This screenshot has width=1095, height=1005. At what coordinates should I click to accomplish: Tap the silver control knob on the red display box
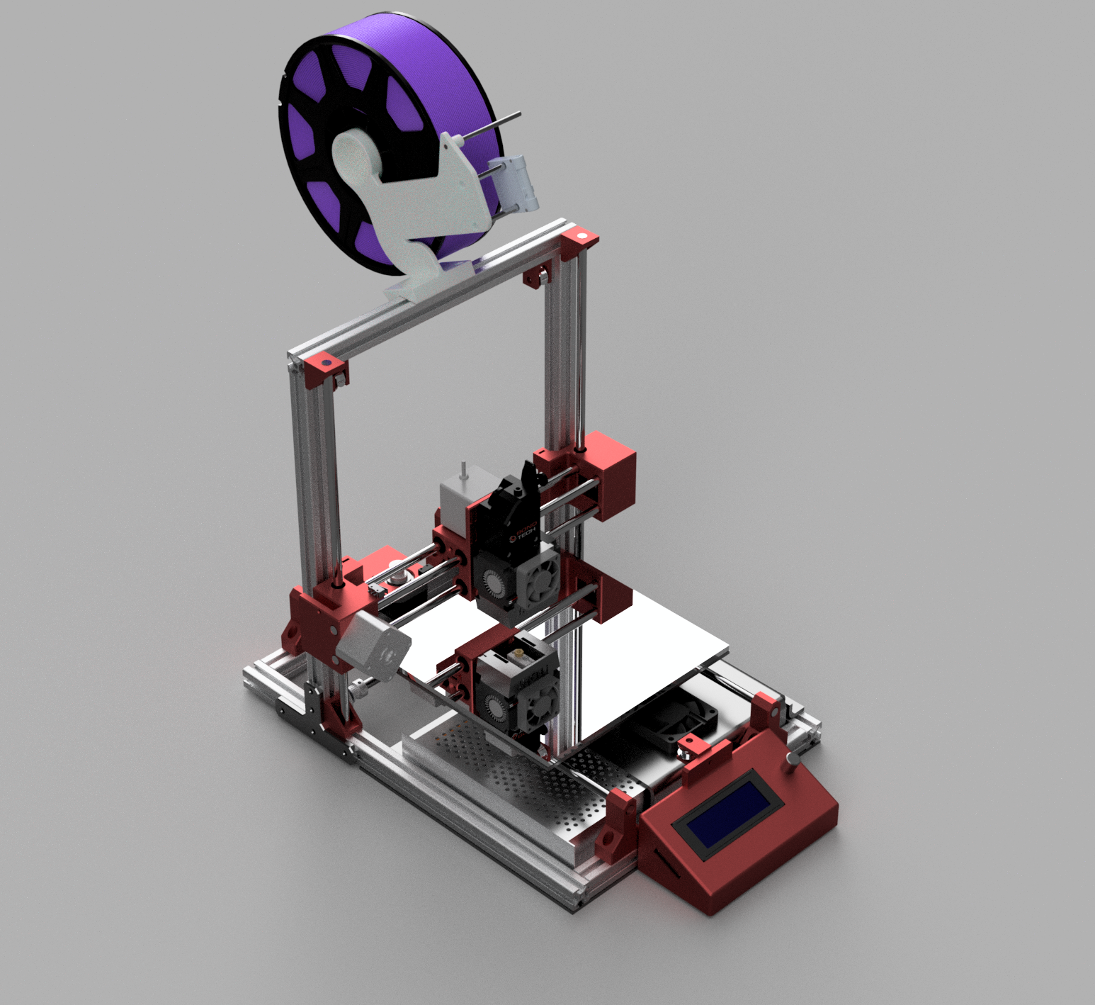click(793, 760)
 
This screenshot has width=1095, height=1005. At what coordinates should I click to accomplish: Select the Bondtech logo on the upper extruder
click(524, 534)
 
